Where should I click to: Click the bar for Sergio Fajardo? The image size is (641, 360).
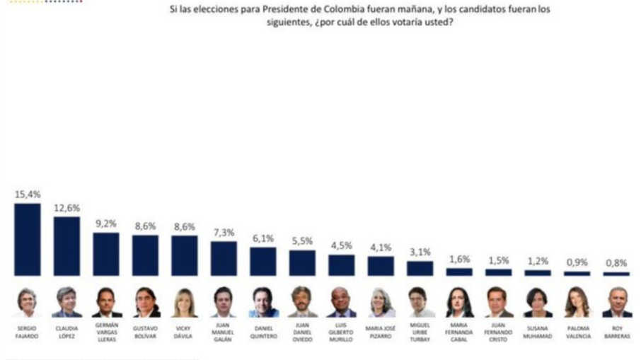[x=28, y=239]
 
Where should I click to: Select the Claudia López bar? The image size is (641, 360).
[x=67, y=245]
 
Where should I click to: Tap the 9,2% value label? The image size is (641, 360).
[x=106, y=224]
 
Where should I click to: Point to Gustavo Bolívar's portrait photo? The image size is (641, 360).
[x=145, y=303]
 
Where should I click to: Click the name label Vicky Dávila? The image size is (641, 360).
[x=184, y=331]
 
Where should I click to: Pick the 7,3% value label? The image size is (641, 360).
[x=224, y=233]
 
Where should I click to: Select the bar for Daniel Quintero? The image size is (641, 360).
[x=262, y=261]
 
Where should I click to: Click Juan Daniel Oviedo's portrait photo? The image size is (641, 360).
[x=302, y=303]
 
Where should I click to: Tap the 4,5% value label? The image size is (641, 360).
[x=341, y=246]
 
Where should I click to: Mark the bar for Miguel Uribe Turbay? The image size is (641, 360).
[x=420, y=268]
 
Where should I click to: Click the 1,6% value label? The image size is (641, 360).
[x=459, y=260]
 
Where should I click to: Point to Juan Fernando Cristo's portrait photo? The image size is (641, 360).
[x=498, y=303]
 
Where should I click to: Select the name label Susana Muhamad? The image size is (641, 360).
[x=537, y=331]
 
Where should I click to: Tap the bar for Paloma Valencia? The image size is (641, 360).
[x=577, y=273]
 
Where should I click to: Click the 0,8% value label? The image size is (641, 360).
[x=616, y=263]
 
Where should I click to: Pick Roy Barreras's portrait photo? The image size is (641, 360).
[x=616, y=303]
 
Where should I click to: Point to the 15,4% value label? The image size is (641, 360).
[x=28, y=193]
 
